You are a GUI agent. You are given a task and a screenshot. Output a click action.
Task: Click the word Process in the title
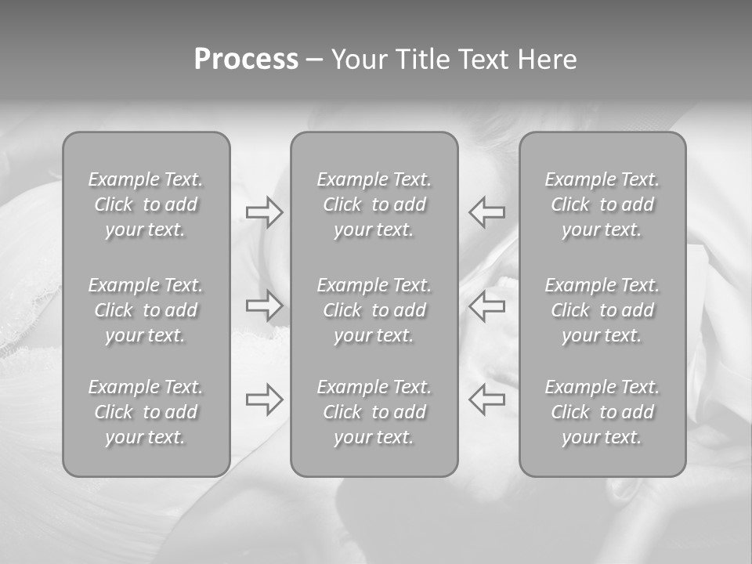246,60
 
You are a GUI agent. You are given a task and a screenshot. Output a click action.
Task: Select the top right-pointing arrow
264,212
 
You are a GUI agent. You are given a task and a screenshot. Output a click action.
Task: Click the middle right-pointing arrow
264,305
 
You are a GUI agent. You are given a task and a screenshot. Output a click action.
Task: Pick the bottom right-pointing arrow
264,399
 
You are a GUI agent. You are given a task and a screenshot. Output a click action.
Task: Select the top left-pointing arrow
487,212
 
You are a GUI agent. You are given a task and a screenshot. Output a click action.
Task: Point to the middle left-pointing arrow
487,305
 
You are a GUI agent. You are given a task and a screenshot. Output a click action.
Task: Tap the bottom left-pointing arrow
487,399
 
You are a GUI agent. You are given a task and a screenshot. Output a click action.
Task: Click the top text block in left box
146,204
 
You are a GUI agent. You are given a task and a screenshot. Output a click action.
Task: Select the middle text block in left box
146,310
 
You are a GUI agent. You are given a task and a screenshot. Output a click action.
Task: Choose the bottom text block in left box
146,412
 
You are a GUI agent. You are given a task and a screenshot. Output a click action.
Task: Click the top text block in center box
374,204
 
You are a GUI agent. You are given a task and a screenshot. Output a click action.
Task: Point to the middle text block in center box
374,310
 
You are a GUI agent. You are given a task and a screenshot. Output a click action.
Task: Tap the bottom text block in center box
374,412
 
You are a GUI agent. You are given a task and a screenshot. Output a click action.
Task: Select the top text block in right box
602,204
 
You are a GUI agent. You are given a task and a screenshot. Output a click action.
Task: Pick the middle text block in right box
602,310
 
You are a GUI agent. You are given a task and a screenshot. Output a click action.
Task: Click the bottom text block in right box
602,412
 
